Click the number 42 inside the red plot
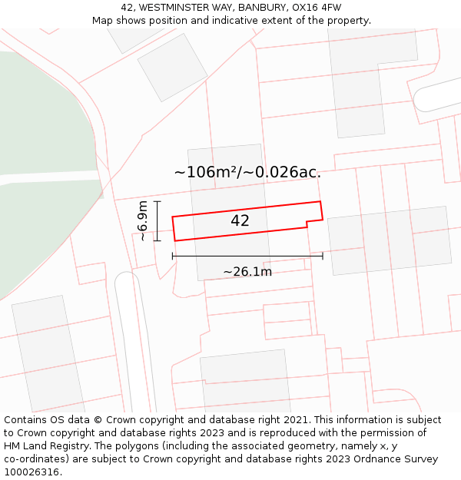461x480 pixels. click(x=240, y=221)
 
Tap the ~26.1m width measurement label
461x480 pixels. click(x=247, y=272)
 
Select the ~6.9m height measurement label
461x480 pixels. click(x=143, y=221)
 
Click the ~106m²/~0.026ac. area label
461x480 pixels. click(x=247, y=172)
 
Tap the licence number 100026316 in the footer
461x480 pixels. click(x=32, y=472)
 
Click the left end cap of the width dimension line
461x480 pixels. click(x=172, y=255)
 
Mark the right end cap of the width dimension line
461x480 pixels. click(x=323, y=255)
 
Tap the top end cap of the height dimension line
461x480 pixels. click(x=158, y=202)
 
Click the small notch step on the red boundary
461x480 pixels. click(x=307, y=223)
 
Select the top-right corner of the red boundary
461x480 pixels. click(x=320, y=202)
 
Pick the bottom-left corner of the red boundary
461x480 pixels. click(x=175, y=241)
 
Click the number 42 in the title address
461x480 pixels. click(x=128, y=8)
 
